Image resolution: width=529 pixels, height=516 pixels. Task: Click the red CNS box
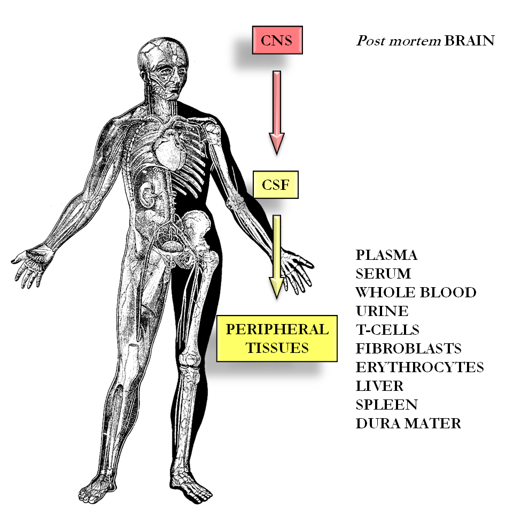click(277, 40)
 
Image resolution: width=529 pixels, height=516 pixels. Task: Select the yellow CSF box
click(276, 184)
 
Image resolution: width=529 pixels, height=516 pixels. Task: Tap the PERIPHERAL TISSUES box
click(277, 338)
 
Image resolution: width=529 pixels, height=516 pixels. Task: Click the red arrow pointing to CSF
click(277, 112)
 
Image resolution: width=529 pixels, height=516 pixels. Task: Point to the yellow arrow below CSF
click(277, 257)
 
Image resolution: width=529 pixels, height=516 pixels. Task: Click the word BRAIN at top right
click(469, 41)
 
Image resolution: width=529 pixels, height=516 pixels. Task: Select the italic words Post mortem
click(399, 41)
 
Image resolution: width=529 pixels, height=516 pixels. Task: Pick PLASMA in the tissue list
click(387, 255)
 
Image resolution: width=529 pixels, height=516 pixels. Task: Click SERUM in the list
click(383, 274)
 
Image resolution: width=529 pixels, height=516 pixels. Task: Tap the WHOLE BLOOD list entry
click(416, 292)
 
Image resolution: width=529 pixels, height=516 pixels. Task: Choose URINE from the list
click(382, 311)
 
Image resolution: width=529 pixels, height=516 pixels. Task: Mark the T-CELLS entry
click(387, 329)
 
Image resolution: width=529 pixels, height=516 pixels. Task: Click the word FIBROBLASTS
click(409, 349)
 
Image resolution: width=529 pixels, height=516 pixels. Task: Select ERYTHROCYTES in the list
click(419, 367)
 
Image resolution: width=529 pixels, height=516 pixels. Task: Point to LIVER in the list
click(379, 386)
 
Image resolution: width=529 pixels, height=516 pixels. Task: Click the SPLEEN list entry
click(387, 405)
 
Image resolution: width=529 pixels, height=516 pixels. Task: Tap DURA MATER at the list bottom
click(408, 423)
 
